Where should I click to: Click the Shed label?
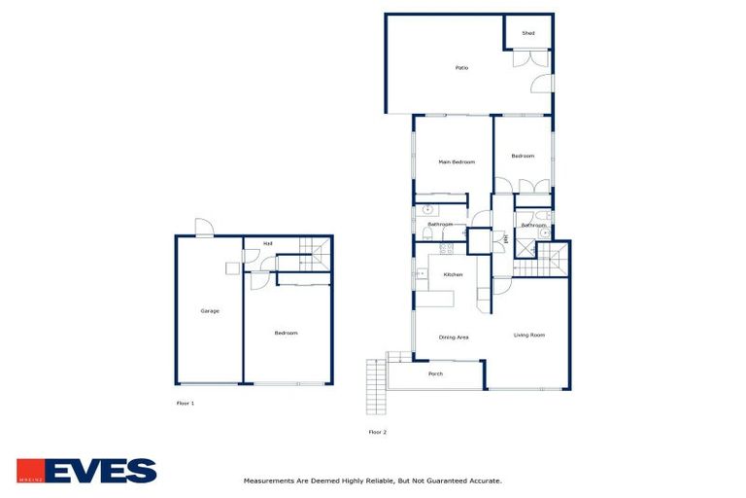coord(528,33)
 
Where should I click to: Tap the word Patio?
coord(461,68)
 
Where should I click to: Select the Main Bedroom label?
coord(456,161)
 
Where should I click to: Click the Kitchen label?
coord(453,275)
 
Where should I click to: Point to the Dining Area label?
coord(454,337)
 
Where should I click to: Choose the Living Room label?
coord(529,335)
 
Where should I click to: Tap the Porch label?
coord(436,373)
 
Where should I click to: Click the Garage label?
coord(210,311)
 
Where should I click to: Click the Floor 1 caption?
coord(185,402)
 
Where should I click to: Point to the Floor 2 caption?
coord(377,431)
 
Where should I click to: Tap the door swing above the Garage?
coord(204,228)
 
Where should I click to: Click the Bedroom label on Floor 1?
coord(286,333)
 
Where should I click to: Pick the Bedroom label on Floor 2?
coord(523,156)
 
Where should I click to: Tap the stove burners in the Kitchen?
coord(447,249)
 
